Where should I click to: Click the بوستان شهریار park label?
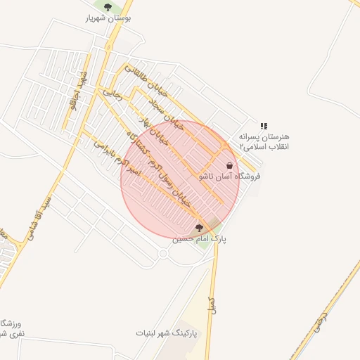[108, 18]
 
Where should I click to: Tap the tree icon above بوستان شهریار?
[108, 8]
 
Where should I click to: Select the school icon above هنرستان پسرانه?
[264, 126]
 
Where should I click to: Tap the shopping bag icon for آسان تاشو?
[230, 166]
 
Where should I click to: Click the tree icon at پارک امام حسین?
[199, 228]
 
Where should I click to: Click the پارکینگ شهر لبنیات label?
[166, 332]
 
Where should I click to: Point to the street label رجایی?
[112, 92]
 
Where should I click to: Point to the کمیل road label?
[210, 304]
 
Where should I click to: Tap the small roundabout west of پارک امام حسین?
[164, 255]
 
